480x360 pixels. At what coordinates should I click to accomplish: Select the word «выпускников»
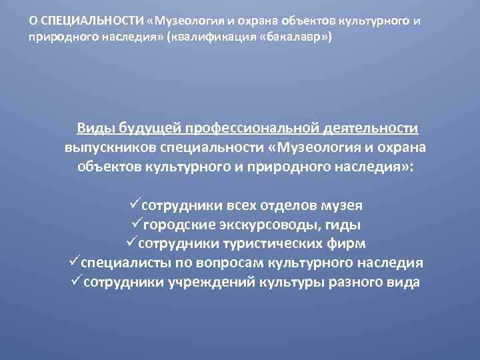(111, 147)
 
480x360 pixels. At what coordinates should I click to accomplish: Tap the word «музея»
(339, 206)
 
